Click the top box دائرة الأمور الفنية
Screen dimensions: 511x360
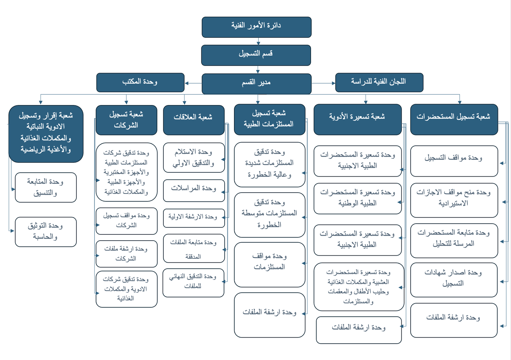coord(256,27)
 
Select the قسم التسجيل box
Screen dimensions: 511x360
coord(256,55)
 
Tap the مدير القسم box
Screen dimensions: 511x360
coord(256,84)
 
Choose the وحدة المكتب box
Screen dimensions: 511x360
coord(140,82)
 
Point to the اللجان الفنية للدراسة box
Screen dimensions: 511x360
coord(379,82)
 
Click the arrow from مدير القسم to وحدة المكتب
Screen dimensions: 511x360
coord(193,83)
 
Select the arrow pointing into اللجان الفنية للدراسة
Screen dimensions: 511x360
coord(323,83)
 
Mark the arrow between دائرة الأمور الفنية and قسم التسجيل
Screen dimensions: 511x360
coord(258,41)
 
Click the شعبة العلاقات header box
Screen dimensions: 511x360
coord(194,120)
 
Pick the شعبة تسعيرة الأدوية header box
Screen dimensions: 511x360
coord(357,120)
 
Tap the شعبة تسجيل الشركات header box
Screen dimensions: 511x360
coord(126,120)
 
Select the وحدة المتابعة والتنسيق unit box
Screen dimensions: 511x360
coord(46,187)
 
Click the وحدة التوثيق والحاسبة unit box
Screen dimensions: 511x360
coord(46,232)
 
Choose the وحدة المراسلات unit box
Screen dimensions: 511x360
coord(194,190)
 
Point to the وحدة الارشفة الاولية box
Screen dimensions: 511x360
coord(194,218)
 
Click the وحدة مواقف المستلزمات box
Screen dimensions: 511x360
coord(269,265)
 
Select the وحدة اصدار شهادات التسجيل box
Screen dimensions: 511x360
coord(454,280)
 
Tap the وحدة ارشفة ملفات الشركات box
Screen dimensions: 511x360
coord(126,254)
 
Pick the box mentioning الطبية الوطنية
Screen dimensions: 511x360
coord(357,198)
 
